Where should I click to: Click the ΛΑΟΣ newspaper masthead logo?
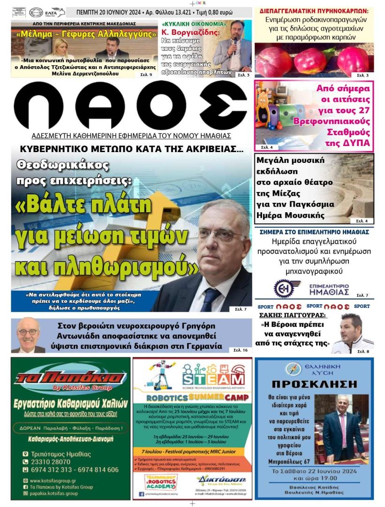[x=130, y=108]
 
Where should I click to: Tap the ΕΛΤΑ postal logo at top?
[x=55, y=12]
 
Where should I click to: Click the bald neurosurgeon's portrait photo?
[x=28, y=335]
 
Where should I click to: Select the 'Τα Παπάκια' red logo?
[x=70, y=378]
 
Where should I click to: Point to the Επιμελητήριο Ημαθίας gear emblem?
[x=284, y=289]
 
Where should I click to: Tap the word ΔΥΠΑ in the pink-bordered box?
[x=353, y=143]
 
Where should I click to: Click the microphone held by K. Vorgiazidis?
[x=234, y=46]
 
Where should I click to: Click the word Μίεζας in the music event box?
[x=279, y=193]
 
